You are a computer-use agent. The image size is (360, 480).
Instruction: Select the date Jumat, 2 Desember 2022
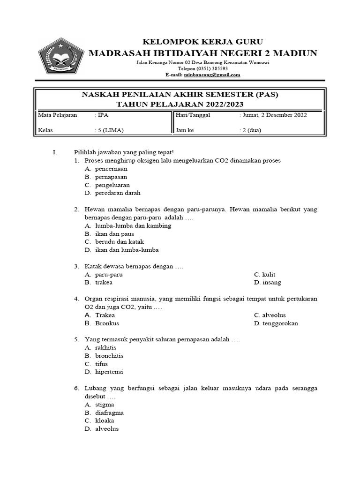(x=274, y=115)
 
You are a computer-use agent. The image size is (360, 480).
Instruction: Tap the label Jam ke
(x=185, y=130)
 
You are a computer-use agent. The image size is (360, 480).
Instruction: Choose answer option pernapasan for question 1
(x=111, y=177)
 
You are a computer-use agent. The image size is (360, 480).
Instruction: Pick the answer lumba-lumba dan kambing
(x=133, y=225)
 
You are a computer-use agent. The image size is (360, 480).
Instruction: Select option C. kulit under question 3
(x=264, y=274)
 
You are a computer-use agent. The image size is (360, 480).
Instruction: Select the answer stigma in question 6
(x=104, y=405)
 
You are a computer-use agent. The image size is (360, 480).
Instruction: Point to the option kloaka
(x=104, y=420)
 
